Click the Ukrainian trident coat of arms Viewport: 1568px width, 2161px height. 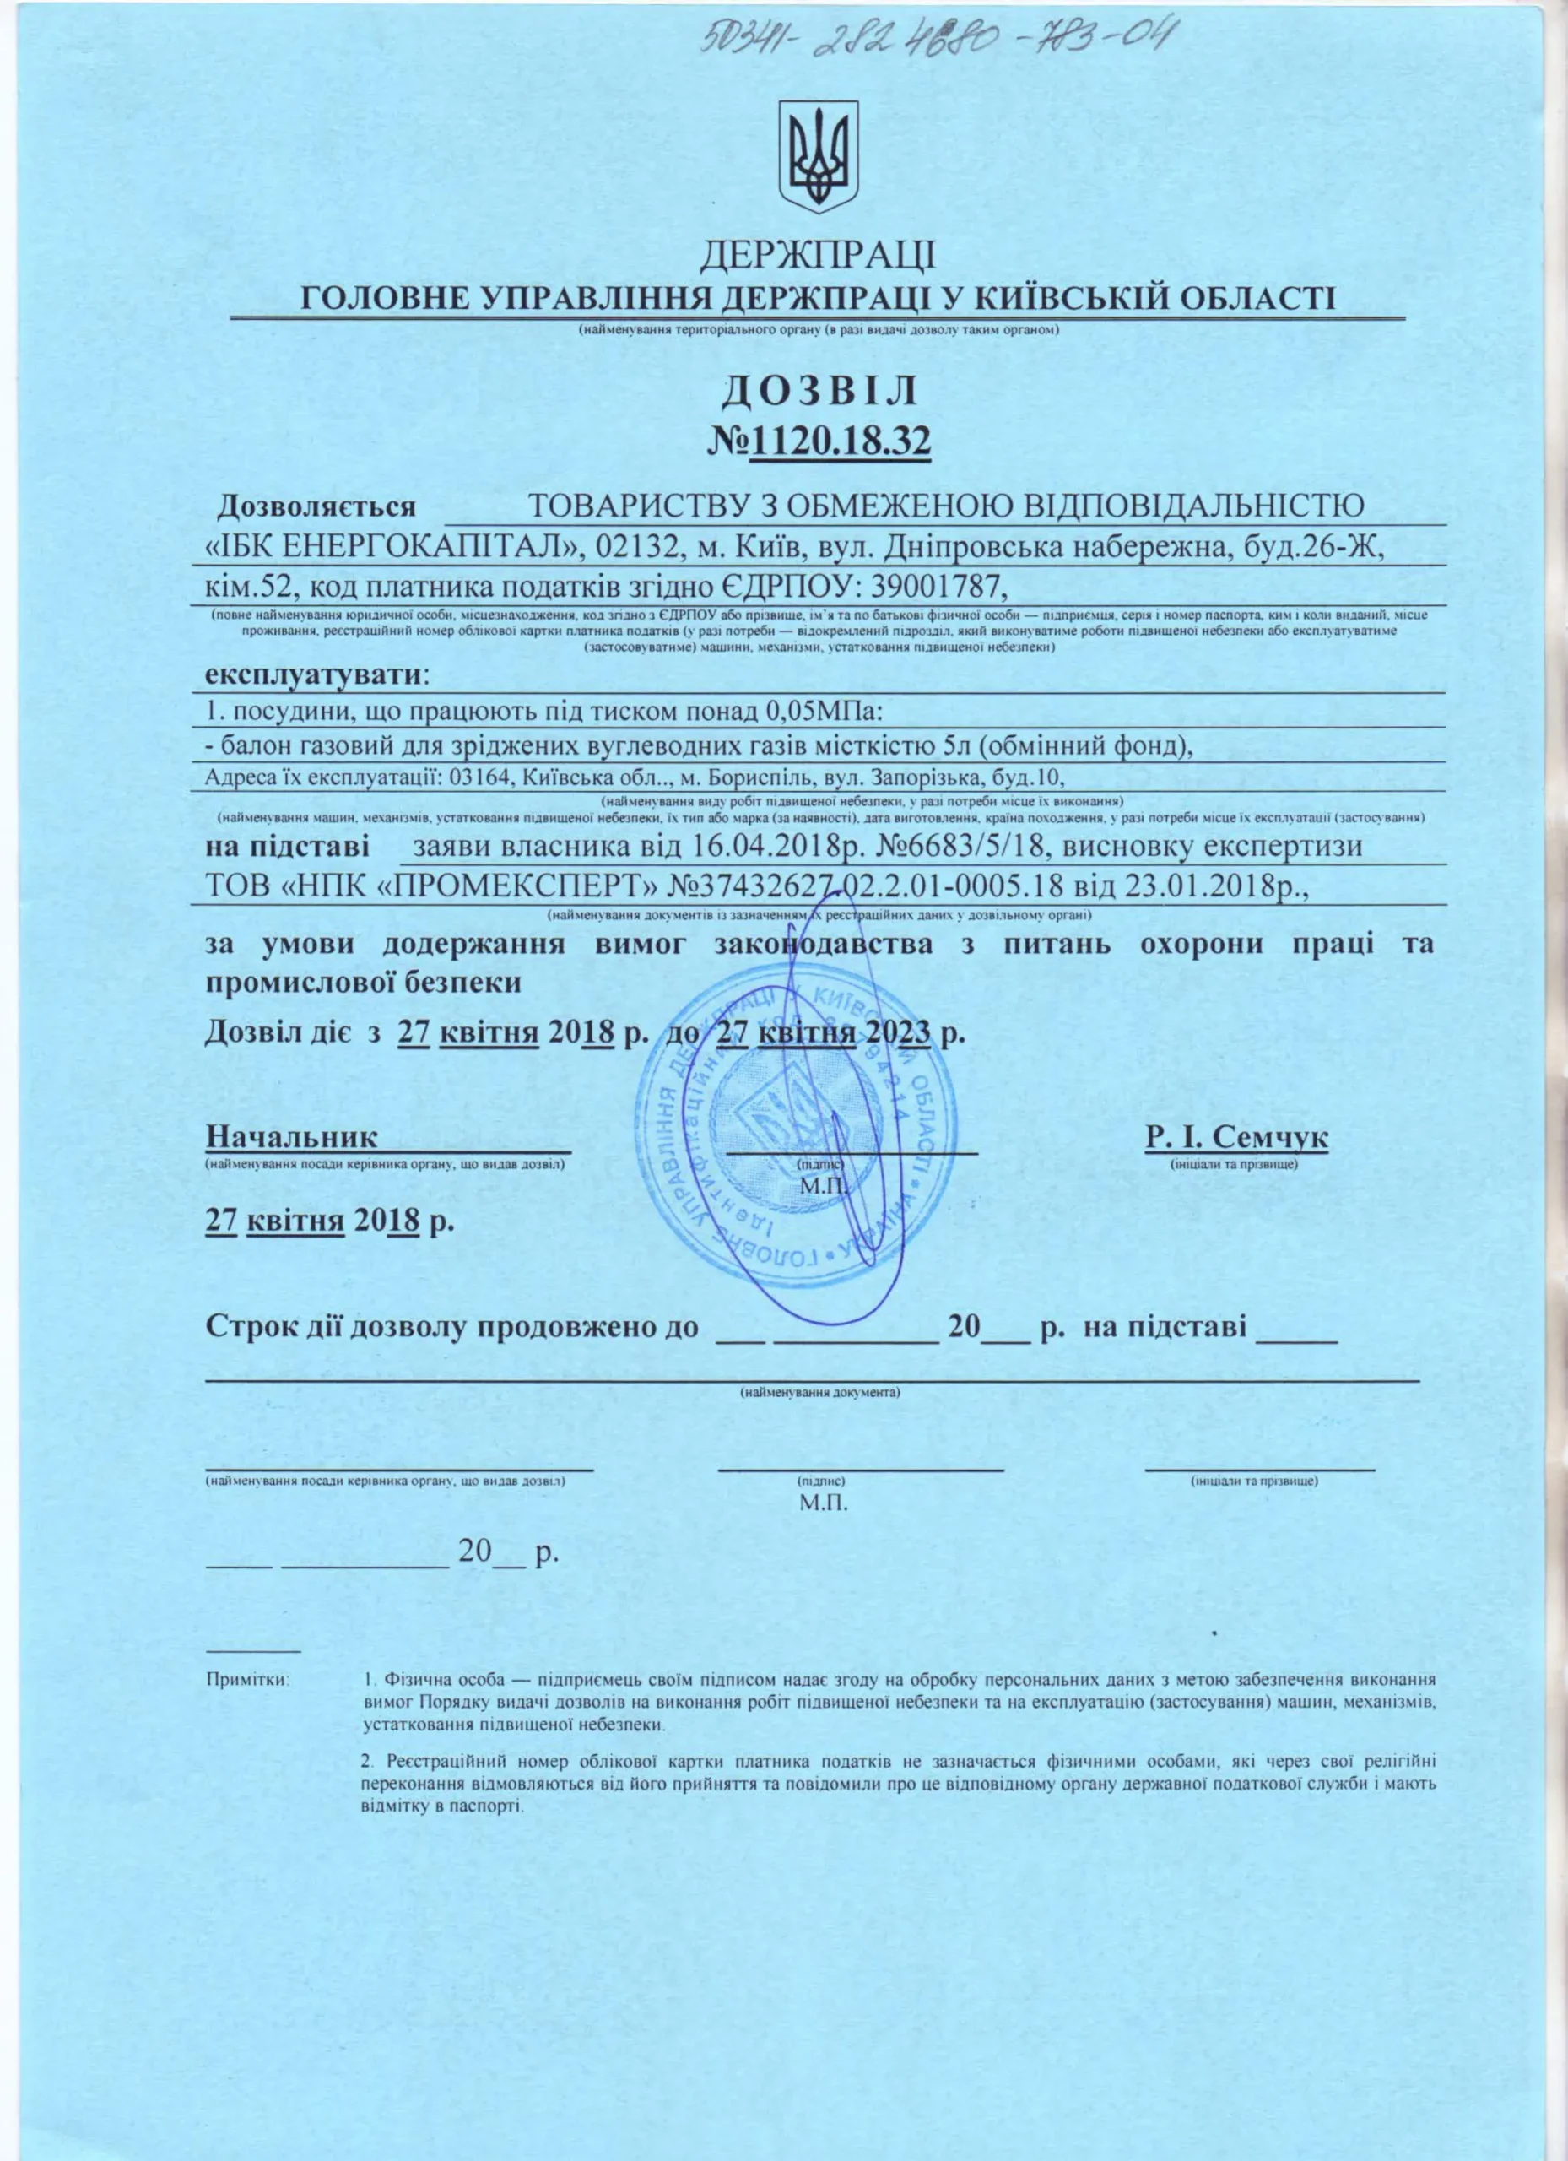tap(816, 157)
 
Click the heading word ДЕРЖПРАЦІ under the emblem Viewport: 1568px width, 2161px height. tap(819, 256)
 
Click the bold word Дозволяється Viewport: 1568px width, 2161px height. tap(317, 506)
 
